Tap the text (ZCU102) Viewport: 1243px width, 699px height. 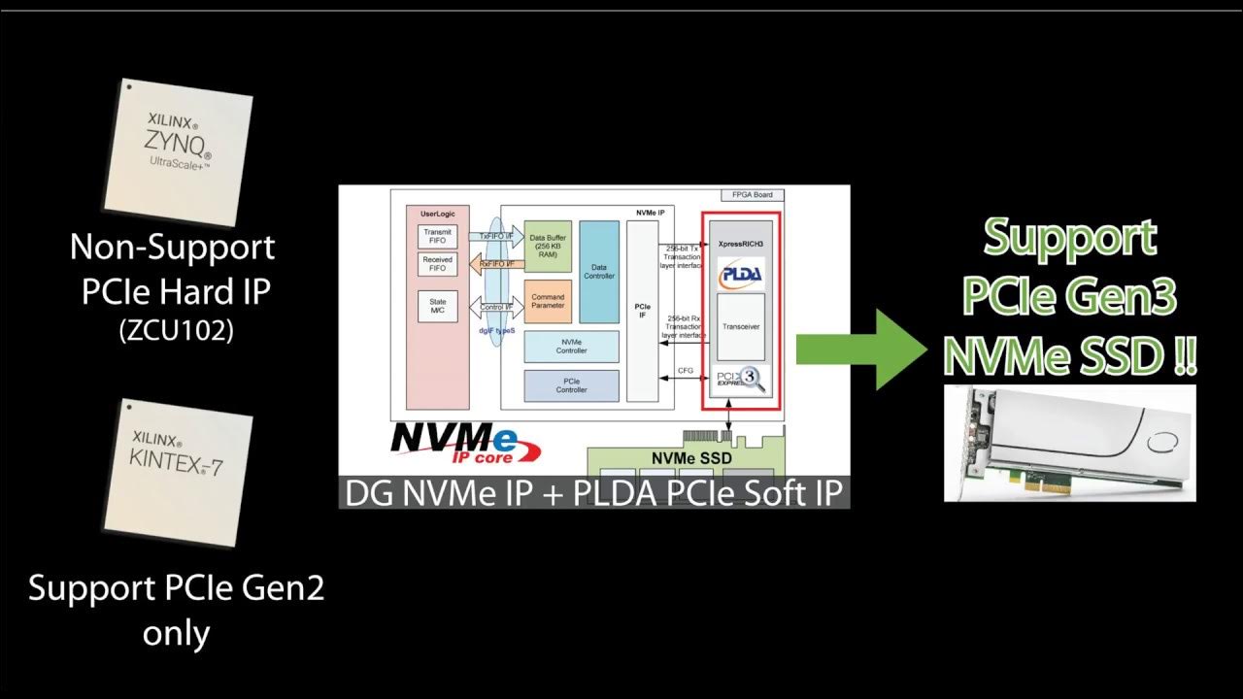(176, 330)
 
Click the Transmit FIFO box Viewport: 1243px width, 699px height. (437, 236)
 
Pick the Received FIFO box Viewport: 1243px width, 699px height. (437, 264)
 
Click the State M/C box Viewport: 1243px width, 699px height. (437, 307)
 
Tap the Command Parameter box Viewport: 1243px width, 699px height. (548, 302)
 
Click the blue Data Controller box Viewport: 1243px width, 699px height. (599, 272)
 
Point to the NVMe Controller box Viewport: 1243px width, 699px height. (571, 347)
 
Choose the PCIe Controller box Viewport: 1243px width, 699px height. (571, 385)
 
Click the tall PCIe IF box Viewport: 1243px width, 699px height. (642, 311)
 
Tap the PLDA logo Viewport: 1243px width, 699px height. (741, 272)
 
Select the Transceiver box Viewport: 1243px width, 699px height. (741, 327)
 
